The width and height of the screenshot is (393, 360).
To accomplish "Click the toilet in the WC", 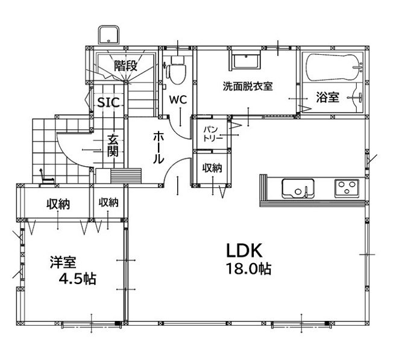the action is tap(177, 70).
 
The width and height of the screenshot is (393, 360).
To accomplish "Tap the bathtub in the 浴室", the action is tap(335, 67).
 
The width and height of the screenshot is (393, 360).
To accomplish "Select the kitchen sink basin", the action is tap(298, 188).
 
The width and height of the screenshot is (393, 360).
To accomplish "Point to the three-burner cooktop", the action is tap(347, 188).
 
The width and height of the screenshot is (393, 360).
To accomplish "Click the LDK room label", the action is tap(244, 250).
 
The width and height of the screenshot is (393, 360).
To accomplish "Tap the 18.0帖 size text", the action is tap(248, 269).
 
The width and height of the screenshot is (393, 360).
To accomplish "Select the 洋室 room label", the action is tap(63, 262).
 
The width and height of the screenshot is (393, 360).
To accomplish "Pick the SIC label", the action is tap(108, 102).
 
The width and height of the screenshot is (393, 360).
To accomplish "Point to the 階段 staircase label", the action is tap(126, 66).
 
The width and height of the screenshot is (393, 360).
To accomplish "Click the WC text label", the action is tap(178, 100).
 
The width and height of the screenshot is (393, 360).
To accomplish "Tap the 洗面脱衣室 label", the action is tap(247, 86).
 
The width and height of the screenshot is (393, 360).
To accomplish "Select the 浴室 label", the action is tap(327, 97).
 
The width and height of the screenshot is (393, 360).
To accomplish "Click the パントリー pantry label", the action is tap(213, 134).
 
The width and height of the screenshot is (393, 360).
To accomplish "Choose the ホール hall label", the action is tap(159, 147).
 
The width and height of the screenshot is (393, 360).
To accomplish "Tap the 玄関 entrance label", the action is tap(113, 146).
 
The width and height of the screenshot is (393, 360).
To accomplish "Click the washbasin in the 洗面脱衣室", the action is tap(245, 60).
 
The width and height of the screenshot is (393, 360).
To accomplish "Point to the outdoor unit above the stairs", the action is tap(108, 36).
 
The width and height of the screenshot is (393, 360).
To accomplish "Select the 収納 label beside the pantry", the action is tap(212, 168).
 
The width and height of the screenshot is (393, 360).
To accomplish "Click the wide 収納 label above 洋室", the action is tap(58, 204).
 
